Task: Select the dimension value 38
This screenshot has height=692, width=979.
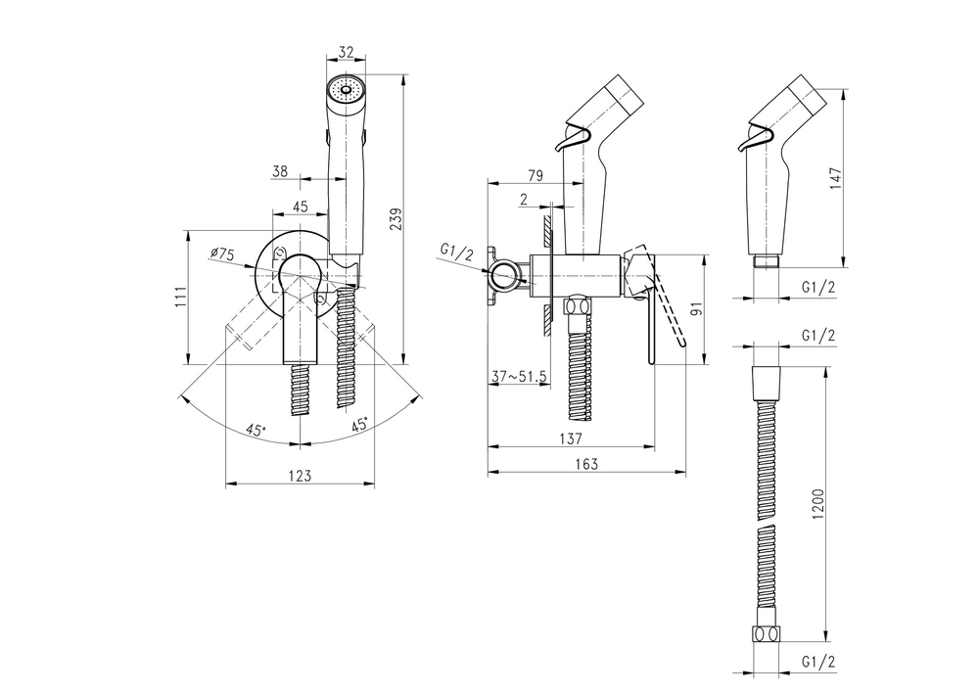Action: click(280, 171)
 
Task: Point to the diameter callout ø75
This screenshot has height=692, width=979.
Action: click(222, 254)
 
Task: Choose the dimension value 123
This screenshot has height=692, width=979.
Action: click(301, 476)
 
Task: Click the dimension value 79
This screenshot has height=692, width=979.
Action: click(536, 176)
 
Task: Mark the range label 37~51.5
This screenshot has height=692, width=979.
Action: click(519, 376)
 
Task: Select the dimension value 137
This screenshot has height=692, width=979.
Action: click(572, 438)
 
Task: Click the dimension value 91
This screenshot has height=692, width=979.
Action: click(696, 309)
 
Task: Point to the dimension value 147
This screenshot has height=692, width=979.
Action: click(835, 179)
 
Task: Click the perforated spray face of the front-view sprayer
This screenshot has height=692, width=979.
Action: click(345, 91)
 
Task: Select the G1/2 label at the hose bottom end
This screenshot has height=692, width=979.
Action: click(817, 662)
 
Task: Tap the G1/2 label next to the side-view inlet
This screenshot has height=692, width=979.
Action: click(456, 252)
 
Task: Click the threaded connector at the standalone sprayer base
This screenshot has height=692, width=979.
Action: click(767, 261)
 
